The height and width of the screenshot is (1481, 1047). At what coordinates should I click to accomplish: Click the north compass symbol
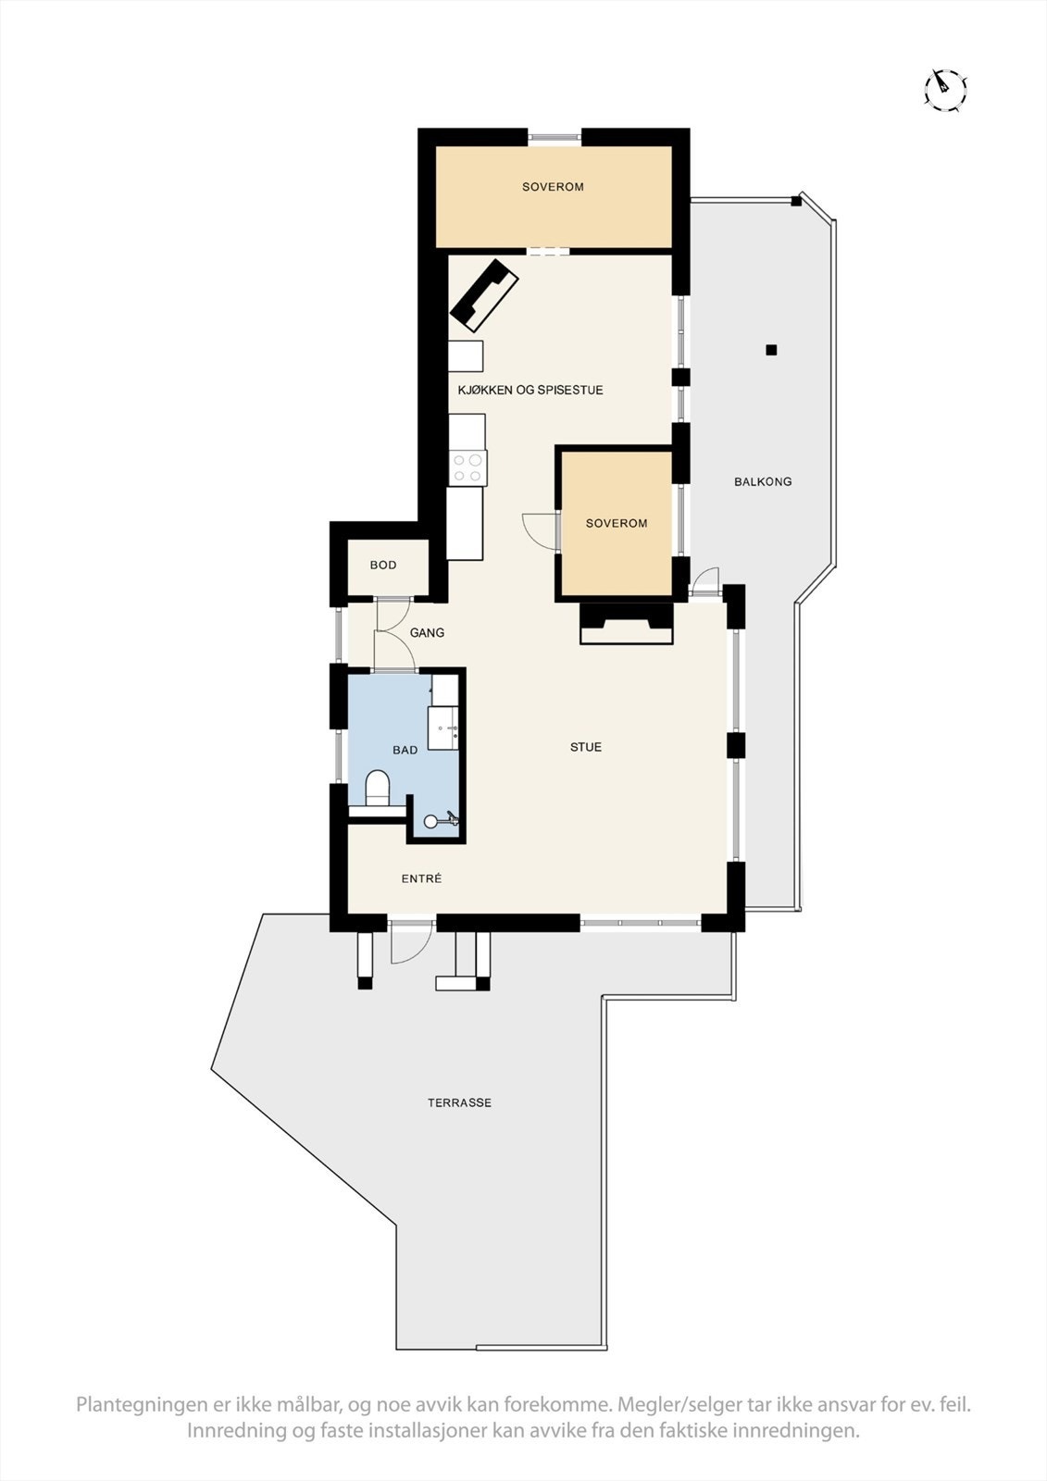click(945, 89)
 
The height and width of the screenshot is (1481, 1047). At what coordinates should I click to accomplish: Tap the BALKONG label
click(763, 481)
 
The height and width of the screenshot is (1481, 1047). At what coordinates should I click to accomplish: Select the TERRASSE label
click(459, 1102)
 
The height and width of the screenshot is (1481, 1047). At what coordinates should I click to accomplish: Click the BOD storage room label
click(382, 565)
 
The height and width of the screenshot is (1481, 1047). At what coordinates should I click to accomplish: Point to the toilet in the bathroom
click(378, 788)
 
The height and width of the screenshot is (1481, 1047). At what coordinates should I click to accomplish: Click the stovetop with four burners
click(467, 467)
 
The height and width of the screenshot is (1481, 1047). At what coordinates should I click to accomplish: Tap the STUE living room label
click(585, 747)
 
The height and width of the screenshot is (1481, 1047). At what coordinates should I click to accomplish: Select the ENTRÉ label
click(421, 878)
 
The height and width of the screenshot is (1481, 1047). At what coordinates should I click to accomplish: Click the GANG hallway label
click(427, 633)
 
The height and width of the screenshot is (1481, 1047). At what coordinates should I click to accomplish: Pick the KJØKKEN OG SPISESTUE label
click(530, 390)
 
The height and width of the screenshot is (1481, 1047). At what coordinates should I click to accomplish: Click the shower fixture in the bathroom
click(441, 819)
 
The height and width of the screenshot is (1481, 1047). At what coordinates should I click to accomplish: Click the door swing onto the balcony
click(705, 581)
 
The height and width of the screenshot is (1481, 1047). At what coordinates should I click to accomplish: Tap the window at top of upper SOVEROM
click(555, 137)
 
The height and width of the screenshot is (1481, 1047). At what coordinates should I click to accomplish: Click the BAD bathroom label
click(405, 750)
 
